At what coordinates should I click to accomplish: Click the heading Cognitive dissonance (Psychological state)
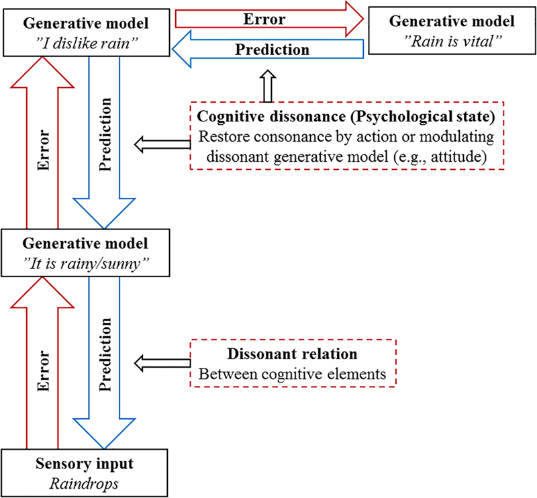click(x=346, y=117)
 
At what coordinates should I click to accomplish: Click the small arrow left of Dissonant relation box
click(x=162, y=363)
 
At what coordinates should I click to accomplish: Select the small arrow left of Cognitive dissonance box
click(x=162, y=142)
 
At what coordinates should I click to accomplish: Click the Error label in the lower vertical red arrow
click(x=42, y=371)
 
